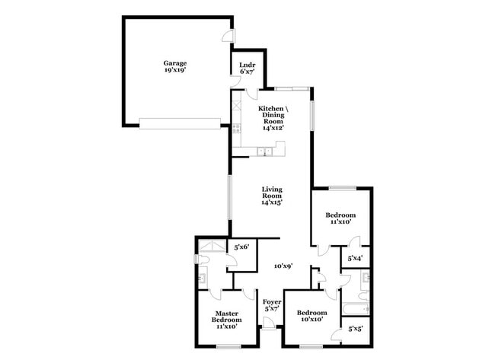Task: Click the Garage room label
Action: [x=174, y=66]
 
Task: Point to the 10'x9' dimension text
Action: [x=284, y=266]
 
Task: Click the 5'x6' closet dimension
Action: [x=242, y=247]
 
